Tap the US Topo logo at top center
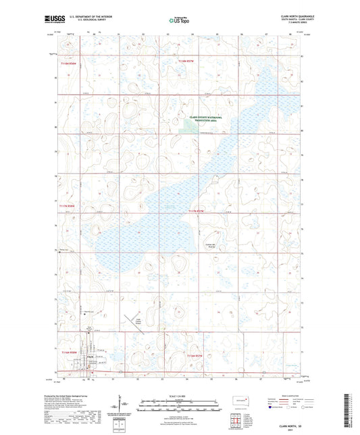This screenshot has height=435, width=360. pos(178,21)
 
